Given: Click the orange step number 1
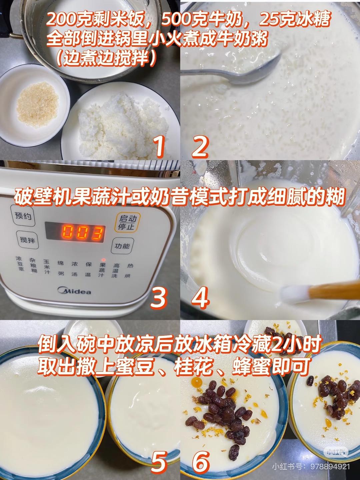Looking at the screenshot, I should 160,147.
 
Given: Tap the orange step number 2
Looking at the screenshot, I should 200,147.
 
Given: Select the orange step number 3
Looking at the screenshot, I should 159,297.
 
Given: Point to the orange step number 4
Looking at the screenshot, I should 200,297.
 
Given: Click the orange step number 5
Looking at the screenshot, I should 159,462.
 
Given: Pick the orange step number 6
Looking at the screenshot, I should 201,462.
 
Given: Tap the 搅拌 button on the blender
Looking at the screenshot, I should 27,239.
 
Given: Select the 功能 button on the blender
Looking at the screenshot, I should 122,246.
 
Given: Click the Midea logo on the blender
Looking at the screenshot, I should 74,291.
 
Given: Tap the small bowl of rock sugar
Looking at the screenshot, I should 33,104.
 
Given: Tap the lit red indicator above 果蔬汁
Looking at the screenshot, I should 103,260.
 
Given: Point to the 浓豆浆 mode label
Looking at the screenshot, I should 20,263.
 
